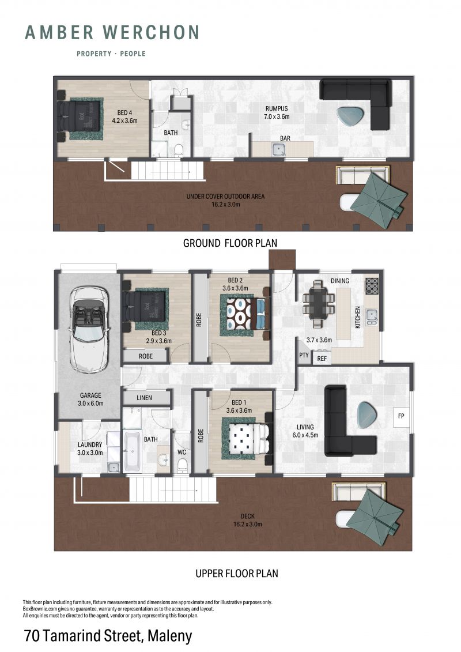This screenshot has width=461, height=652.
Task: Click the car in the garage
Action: point(90,329)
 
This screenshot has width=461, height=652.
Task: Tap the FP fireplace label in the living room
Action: point(401,416)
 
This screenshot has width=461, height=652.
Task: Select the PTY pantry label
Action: point(304,355)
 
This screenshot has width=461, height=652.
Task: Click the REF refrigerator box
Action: point(322,358)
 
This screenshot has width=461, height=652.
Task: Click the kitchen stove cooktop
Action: point(372,286)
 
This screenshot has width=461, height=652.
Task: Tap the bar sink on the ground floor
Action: point(278,149)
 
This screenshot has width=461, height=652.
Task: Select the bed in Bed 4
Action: point(80,119)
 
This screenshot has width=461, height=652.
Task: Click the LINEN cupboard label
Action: point(144,398)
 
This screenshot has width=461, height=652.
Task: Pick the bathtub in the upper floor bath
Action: point(133,451)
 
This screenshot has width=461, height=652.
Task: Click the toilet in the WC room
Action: point(182,465)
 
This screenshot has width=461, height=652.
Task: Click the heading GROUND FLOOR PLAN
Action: point(231,243)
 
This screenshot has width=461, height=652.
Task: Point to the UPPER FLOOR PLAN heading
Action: point(237,574)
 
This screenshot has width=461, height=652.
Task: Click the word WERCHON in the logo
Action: point(152,32)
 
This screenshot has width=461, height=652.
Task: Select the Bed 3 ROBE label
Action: point(145,356)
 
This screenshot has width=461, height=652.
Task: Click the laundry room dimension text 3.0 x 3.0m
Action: point(90,453)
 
